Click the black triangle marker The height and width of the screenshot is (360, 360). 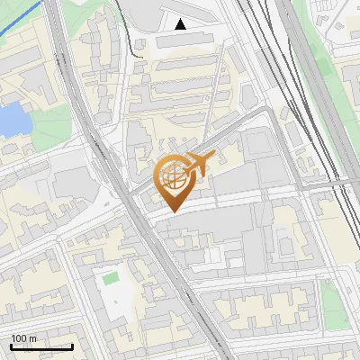click(181, 24)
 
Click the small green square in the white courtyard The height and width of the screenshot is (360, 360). click(110, 279)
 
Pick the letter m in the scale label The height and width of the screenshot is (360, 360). click(33, 339)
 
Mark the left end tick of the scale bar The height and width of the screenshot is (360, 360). click(11, 346)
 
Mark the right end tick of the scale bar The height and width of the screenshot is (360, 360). click(72, 346)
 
